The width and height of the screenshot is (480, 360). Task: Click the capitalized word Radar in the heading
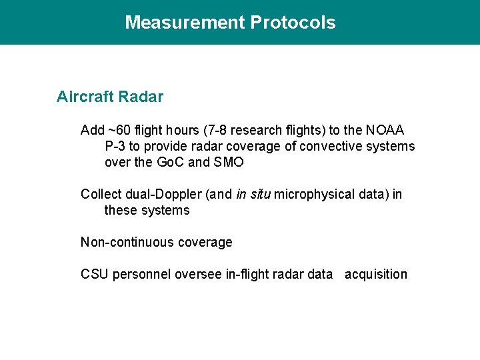[142, 97]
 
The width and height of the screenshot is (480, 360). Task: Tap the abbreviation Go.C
[171, 162]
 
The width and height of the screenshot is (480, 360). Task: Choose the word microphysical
[312, 194]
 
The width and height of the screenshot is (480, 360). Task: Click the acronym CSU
[95, 274]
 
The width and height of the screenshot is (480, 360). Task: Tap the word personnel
[142, 274]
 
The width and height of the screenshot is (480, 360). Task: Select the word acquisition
[375, 274]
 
